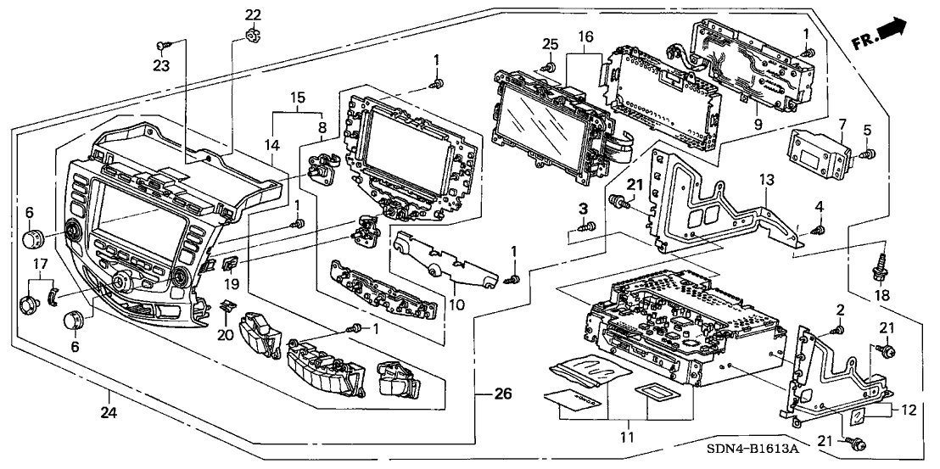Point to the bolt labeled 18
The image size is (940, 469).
point(877,270)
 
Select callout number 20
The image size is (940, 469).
point(225,334)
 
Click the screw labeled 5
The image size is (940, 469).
point(866,155)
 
